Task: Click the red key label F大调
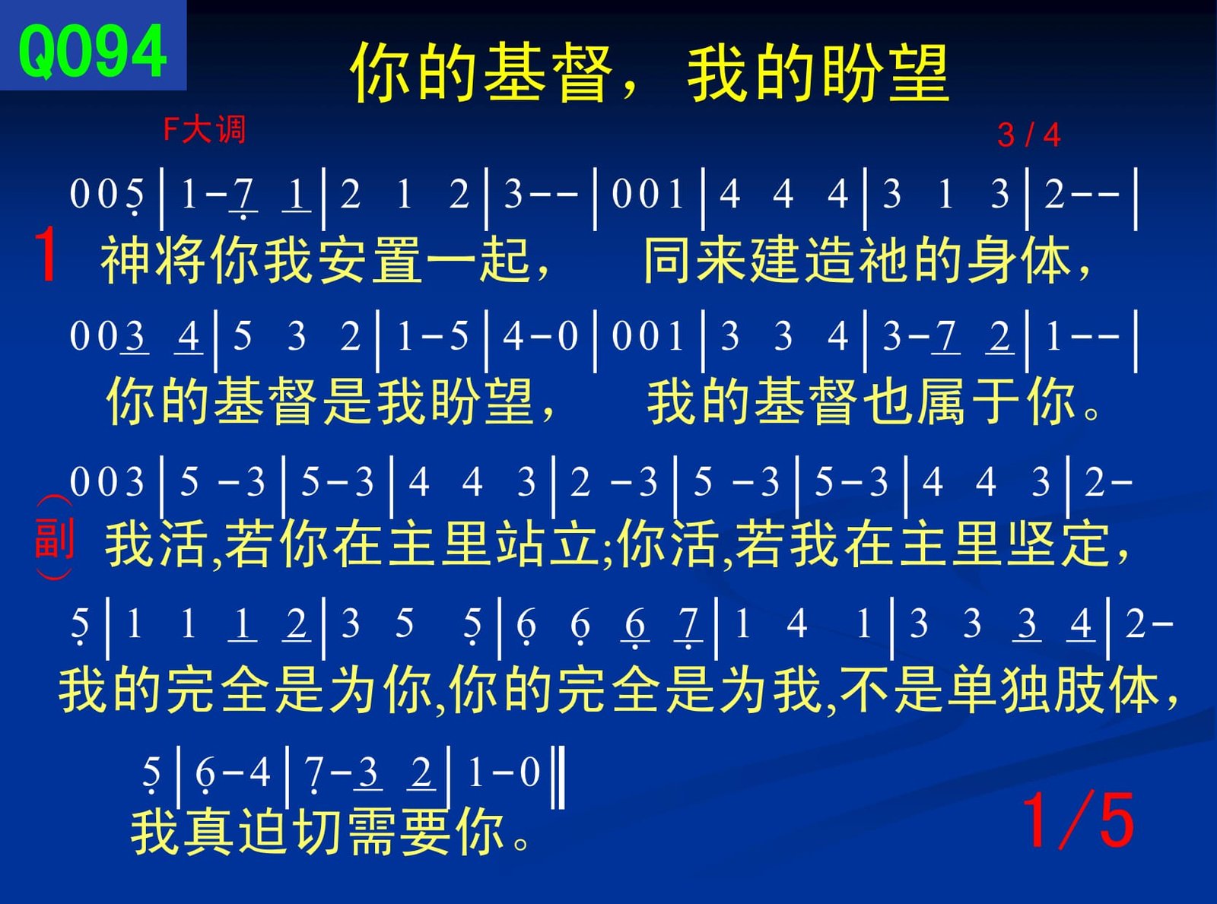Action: coord(204,130)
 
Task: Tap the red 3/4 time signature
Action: coord(1029,135)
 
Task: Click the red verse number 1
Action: coord(46,255)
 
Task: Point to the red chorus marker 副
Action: coord(54,538)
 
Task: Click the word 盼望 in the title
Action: coord(886,74)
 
